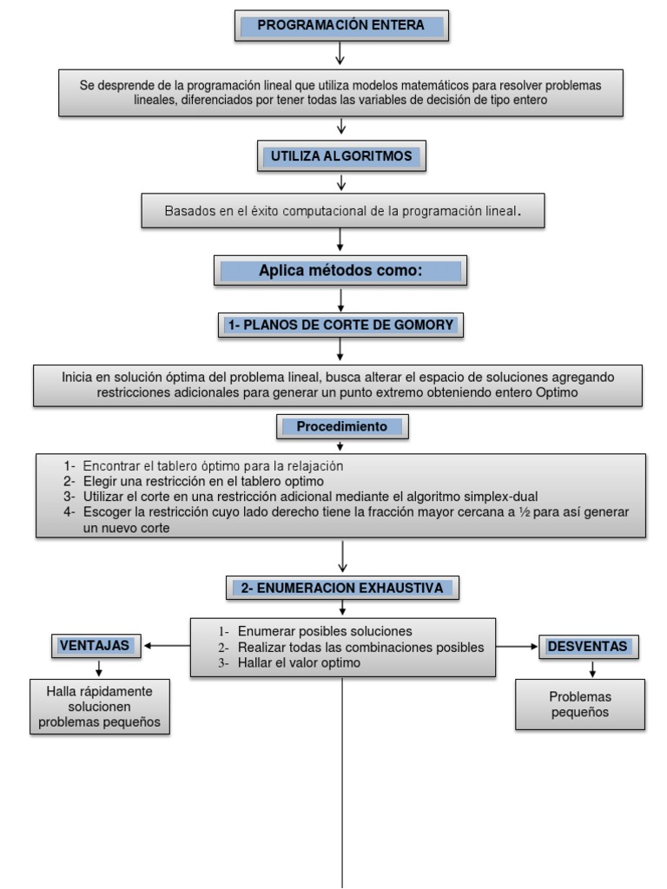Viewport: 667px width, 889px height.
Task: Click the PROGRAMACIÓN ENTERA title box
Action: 341,26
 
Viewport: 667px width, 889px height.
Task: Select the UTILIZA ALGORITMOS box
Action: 341,157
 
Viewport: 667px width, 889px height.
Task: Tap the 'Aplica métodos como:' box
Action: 340,271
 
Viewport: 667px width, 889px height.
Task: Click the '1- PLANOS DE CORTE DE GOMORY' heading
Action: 340,325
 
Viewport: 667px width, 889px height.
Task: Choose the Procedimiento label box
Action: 343,427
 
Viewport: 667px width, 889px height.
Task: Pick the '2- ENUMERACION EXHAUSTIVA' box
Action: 343,588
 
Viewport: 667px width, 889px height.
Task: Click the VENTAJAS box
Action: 95,646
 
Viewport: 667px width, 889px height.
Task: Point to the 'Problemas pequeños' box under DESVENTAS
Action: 580,704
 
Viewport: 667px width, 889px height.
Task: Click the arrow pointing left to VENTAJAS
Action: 167,646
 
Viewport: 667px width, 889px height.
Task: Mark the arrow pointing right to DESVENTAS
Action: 518,647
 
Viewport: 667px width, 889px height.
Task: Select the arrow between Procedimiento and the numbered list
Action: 341,445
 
